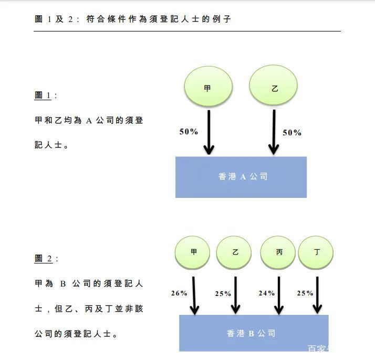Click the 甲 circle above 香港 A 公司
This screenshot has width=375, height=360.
pyautogui.click(x=207, y=88)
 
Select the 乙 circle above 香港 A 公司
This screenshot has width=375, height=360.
pyautogui.click(x=273, y=88)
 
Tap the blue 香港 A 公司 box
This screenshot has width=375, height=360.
pyautogui.click(x=241, y=177)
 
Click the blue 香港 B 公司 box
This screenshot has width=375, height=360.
pyautogui.click(x=253, y=333)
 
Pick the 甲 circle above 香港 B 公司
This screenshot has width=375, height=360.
pyautogui.click(x=193, y=252)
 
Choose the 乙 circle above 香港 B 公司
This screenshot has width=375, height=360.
pyautogui.click(x=234, y=252)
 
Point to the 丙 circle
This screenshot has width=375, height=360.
pyautogui.click(x=278, y=252)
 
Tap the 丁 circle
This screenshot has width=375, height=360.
pyautogui.click(x=316, y=252)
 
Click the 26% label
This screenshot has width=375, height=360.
pyautogui.click(x=179, y=293)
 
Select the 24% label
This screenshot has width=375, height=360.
pyautogui.click(x=266, y=293)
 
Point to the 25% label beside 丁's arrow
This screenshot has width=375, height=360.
pyautogui.click(x=305, y=293)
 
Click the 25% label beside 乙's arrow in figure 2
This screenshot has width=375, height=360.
pyautogui.click(x=223, y=293)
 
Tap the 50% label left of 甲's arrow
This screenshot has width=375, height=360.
pyautogui.click(x=189, y=132)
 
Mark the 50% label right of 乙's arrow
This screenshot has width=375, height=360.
pyautogui.click(x=292, y=133)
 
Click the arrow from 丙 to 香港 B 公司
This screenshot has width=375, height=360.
pyautogui.click(x=278, y=295)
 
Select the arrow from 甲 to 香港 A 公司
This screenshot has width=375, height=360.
pyautogui.click(x=209, y=131)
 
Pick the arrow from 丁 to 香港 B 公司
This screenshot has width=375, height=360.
pyautogui.click(x=317, y=295)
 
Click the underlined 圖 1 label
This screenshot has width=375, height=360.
pyautogui.click(x=43, y=96)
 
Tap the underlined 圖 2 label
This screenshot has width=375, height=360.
pyautogui.click(x=44, y=259)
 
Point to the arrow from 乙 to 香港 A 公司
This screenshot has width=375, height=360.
pyautogui.click(x=273, y=131)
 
